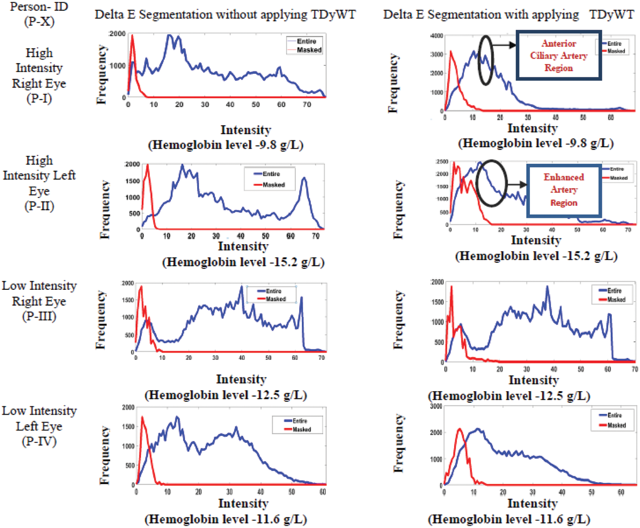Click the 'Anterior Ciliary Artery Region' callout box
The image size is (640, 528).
tap(558, 56)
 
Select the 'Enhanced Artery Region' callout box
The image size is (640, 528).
tap(564, 190)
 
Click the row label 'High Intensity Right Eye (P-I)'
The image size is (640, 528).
tap(39, 75)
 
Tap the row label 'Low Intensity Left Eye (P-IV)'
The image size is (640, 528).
tap(39, 426)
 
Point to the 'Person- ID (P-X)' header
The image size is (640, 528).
tap(39, 14)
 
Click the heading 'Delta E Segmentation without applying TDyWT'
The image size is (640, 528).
tap(225, 15)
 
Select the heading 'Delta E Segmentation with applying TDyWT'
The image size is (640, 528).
tap(508, 15)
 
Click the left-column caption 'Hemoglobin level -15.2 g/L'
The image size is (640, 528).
tap(243, 262)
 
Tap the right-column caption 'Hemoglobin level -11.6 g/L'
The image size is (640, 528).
tap(509, 519)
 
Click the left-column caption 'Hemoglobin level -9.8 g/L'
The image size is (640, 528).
tap(226, 145)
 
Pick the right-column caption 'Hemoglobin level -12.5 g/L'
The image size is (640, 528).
tap(509, 396)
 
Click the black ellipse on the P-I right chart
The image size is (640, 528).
tap(486, 60)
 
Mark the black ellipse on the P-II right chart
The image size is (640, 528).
tap(492, 183)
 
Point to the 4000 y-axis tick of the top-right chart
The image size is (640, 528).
tap(437, 36)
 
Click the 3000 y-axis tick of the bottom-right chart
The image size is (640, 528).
tap(436, 406)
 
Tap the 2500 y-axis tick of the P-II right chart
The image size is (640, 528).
tap(442, 162)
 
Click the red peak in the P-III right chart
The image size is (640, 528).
tap(451, 287)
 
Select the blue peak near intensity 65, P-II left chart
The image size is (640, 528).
tap(304, 178)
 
